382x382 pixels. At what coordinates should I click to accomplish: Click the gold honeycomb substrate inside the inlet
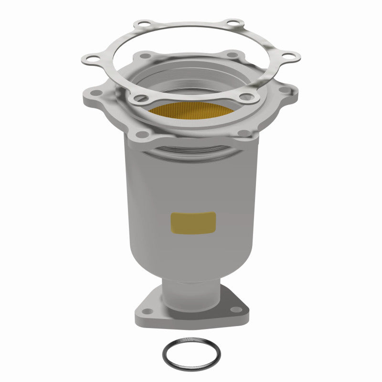(x=191, y=110)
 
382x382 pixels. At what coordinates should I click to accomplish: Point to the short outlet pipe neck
(x=191, y=291)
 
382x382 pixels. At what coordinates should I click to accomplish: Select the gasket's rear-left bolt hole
(x=141, y=23)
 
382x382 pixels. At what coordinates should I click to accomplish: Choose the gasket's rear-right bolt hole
(x=233, y=22)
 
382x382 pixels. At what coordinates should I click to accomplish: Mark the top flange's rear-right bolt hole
(x=233, y=55)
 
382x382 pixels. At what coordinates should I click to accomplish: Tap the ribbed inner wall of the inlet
(x=191, y=79)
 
